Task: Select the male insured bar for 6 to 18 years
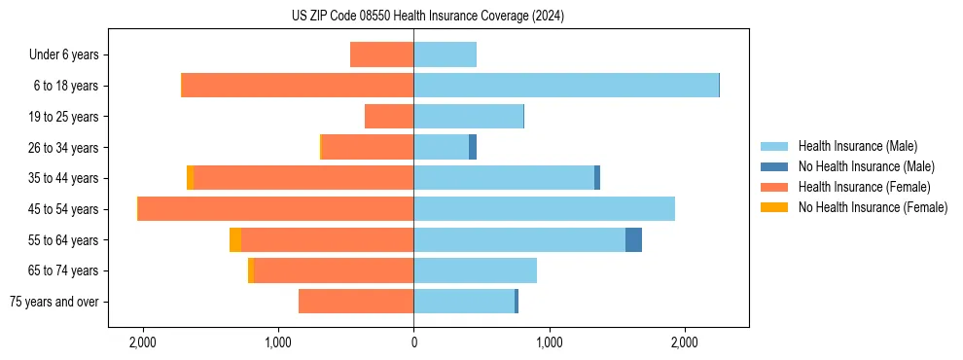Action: pos(566,86)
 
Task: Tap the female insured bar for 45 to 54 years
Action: pos(276,209)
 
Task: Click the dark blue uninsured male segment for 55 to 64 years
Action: pos(633,240)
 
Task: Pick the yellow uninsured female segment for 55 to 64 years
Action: pos(235,240)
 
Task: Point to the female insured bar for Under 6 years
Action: pos(381,54)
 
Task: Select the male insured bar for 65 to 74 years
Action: pos(475,270)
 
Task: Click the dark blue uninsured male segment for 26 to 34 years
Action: pos(473,147)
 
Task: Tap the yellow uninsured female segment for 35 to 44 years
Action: pos(190,178)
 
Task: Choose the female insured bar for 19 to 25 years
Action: pos(389,117)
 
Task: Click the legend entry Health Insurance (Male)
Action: pos(856,146)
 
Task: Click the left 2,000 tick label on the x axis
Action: pos(143,342)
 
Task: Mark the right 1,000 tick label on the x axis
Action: pos(549,342)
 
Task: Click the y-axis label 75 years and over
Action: pos(53,302)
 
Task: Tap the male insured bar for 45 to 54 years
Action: pos(544,209)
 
